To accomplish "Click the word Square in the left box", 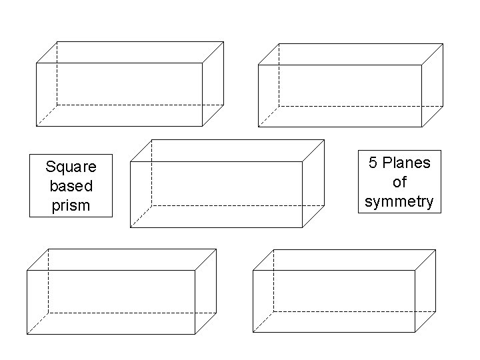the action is click(71, 166).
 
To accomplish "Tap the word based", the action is click(71, 185).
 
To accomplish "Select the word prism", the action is click(71, 205).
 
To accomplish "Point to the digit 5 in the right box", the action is click(373, 163).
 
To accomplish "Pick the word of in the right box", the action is click(399, 182).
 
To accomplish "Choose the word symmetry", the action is click(399, 201).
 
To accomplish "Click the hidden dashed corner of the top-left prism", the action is click(57, 105).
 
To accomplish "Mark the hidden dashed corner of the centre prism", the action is click(151, 205).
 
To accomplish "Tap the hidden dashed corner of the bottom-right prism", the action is click(274, 311).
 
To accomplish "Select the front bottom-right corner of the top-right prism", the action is click(421, 126).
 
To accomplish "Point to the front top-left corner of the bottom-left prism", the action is click(27, 271).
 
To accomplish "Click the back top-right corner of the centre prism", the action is click(324, 140).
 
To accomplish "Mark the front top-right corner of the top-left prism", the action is click(202, 63).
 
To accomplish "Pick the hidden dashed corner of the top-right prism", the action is click(279, 105).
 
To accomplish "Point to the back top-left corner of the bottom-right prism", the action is click(274, 250).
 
